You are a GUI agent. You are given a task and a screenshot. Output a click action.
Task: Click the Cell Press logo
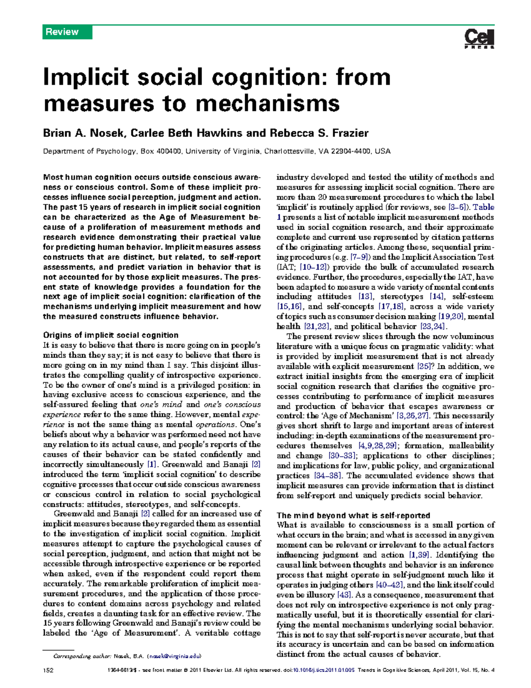[x=479, y=39]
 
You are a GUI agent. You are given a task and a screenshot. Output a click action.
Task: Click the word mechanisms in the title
[x=267, y=104]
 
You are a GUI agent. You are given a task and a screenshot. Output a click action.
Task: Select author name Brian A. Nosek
[x=85, y=133]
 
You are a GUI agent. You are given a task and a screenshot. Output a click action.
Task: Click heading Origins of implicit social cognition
[x=111, y=335]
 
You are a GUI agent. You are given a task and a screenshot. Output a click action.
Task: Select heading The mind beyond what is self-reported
[x=353, y=515]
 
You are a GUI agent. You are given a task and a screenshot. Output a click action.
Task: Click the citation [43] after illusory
[x=344, y=595]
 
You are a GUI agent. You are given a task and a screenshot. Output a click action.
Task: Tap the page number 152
[x=48, y=670]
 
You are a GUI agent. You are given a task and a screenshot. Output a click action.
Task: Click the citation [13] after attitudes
[x=366, y=297]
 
